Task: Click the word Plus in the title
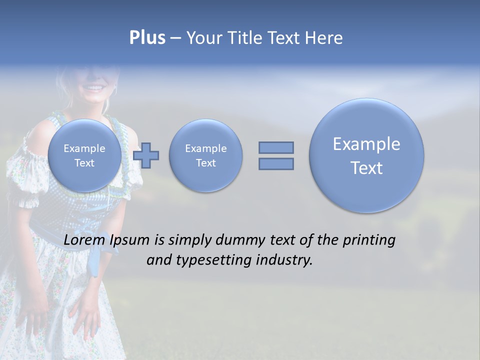point(147,38)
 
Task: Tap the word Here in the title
point(323,38)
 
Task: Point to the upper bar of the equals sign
point(276,147)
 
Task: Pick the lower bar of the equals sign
point(276,163)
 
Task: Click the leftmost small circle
point(84,155)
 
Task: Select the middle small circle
point(205,155)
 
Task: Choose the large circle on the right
point(366,155)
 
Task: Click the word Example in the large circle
point(366,144)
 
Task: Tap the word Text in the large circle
point(366,168)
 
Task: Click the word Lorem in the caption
point(84,240)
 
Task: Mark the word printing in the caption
point(369,240)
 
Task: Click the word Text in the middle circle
point(205,163)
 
